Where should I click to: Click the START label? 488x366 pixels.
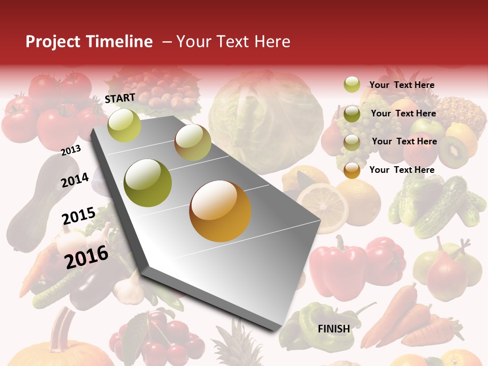(x=120, y=98)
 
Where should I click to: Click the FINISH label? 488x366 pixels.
(x=333, y=329)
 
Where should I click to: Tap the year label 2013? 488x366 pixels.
(x=71, y=150)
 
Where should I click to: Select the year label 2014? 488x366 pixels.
(x=75, y=180)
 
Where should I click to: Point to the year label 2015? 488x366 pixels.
(x=78, y=216)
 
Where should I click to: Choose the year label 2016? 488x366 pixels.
(x=86, y=257)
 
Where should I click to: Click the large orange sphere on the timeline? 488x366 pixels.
(x=220, y=211)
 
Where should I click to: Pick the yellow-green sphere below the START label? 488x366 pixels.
(x=124, y=125)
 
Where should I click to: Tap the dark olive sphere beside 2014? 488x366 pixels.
(x=147, y=182)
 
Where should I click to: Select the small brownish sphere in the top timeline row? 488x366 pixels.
(x=193, y=142)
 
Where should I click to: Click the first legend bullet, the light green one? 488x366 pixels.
(x=352, y=84)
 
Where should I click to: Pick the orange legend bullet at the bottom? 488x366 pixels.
(x=352, y=170)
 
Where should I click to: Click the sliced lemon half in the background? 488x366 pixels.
(x=322, y=205)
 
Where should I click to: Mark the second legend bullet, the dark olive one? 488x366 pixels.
(x=352, y=113)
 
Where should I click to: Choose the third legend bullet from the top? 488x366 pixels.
(x=352, y=141)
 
